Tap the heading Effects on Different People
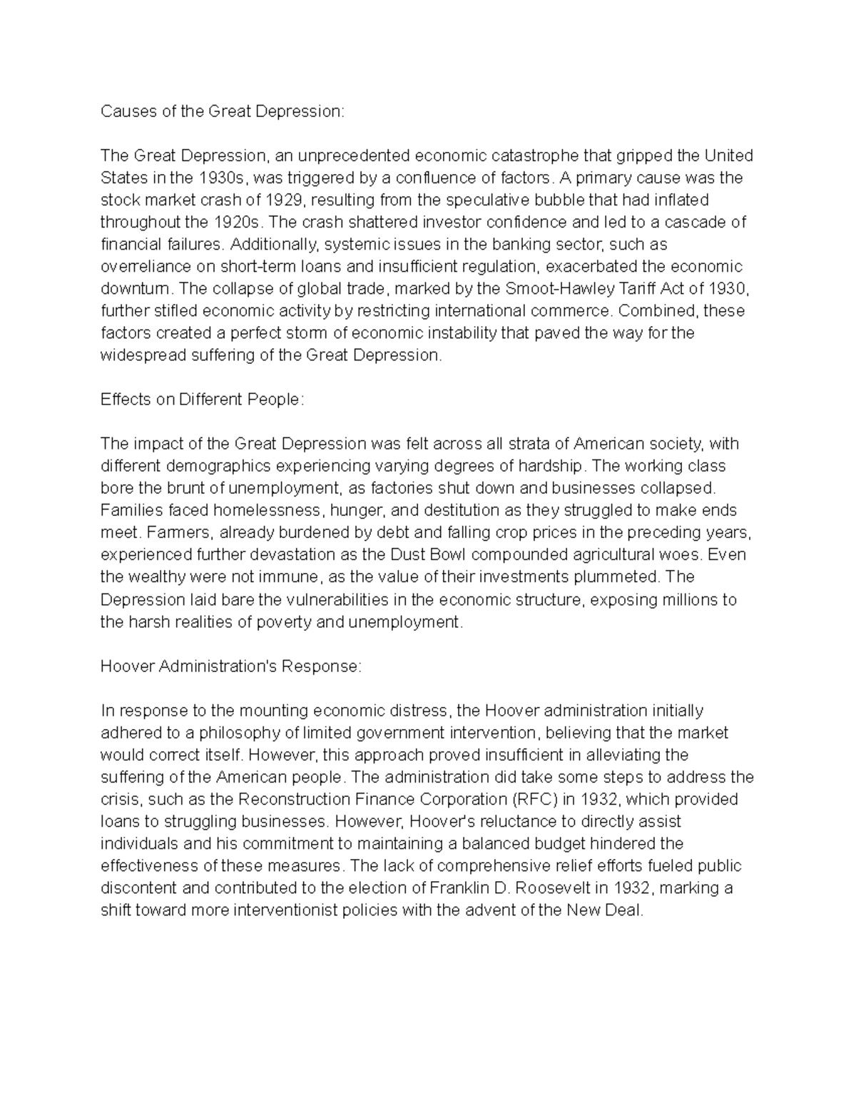point(202,400)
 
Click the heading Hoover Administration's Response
point(231,666)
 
